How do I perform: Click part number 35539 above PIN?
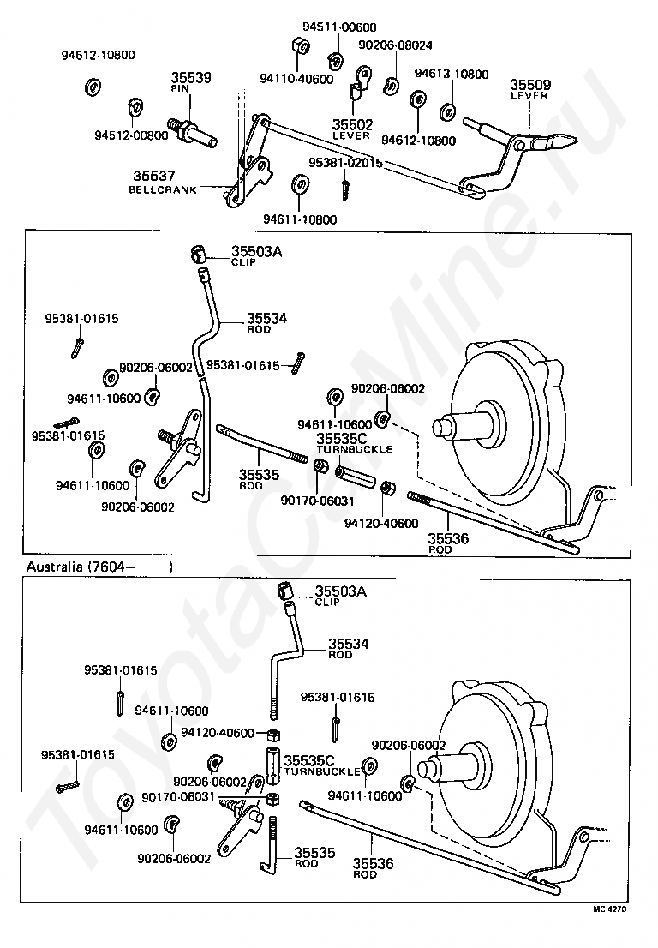click(191, 77)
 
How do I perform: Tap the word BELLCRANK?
click(163, 189)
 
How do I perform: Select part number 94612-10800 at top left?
click(98, 55)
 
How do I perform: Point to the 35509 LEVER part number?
click(530, 85)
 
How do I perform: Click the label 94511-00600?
click(339, 27)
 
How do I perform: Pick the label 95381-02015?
click(345, 163)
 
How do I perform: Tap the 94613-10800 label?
click(452, 75)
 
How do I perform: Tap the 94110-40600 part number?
click(296, 79)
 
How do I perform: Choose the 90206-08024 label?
click(395, 45)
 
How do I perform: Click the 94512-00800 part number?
click(131, 135)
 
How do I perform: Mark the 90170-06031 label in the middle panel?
click(318, 501)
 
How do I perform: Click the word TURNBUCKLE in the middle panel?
click(355, 450)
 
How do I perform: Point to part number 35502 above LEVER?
click(352, 124)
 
